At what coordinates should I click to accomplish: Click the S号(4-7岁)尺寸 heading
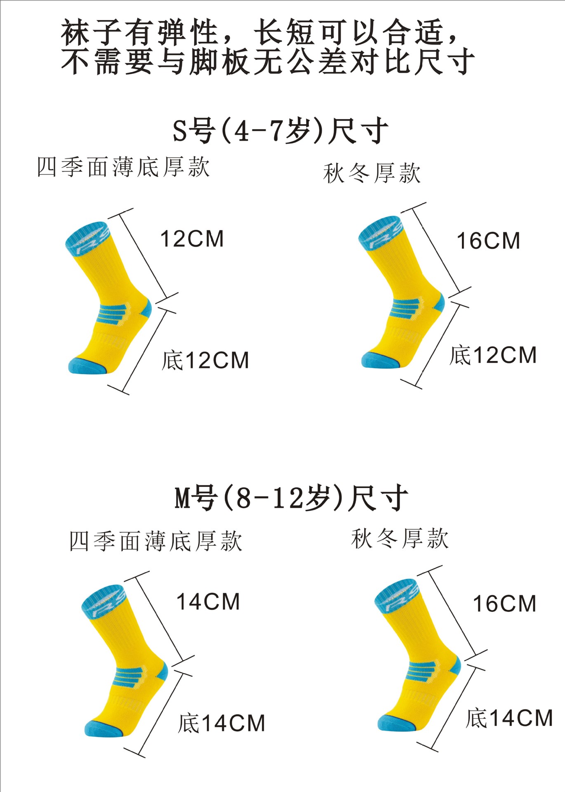[x=280, y=131]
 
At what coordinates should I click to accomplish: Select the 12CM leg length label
[x=192, y=239]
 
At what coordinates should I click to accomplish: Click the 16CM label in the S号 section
[x=488, y=241]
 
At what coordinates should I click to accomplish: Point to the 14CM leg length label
[x=208, y=602]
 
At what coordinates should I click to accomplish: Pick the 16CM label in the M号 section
[x=504, y=604]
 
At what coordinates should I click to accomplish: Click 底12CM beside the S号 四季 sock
[x=205, y=361]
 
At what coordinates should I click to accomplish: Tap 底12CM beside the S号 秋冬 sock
[x=493, y=356]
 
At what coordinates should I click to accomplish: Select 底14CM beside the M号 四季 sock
[x=221, y=724]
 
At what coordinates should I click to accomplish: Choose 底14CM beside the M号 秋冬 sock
[x=509, y=718]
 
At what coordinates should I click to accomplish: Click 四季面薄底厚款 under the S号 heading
[x=123, y=167]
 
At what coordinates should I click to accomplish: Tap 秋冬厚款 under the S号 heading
[x=372, y=173]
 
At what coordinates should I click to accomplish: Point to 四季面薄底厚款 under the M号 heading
[x=155, y=541]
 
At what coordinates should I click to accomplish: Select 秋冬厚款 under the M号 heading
[x=400, y=538]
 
